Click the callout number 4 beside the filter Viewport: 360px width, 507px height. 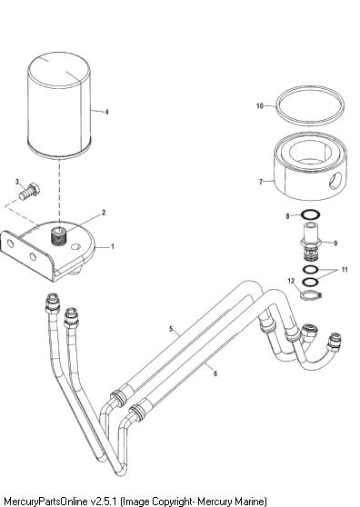pyautogui.click(x=106, y=112)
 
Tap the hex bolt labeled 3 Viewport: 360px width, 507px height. pyautogui.click(x=29, y=192)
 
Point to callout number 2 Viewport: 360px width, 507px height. pyautogui.click(x=104, y=213)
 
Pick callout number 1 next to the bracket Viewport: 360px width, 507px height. pyautogui.click(x=113, y=246)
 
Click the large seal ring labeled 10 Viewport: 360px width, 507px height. pyautogui.click(x=310, y=105)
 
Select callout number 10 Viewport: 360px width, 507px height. pyautogui.click(x=260, y=105)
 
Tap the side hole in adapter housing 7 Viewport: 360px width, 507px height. pyautogui.click(x=335, y=181)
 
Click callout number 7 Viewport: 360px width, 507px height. pyautogui.click(x=261, y=182)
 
